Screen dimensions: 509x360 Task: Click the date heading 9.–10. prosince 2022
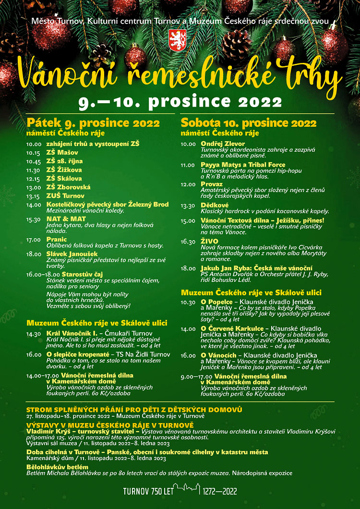point(180,102)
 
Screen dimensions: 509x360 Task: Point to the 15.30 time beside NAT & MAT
point(34,219)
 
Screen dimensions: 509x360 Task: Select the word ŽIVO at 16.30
point(210,241)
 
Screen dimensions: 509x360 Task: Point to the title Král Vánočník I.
point(72,333)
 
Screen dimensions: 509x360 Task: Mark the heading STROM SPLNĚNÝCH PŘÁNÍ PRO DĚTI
point(134,409)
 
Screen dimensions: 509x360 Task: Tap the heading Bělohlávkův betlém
point(58,467)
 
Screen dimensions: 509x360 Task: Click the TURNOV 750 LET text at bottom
point(148,491)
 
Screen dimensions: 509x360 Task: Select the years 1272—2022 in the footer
point(220,491)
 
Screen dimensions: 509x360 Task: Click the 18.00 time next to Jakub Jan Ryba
point(188,268)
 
